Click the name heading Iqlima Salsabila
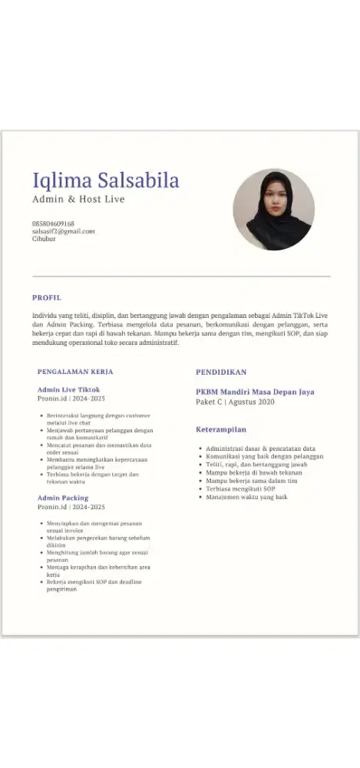pos(105,180)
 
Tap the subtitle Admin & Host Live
pos(78,200)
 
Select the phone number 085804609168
pos(53,223)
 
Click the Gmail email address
pos(63,231)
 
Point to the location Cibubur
pos(44,239)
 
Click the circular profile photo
pos(273,210)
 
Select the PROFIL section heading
pos(46,297)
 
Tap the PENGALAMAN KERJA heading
pos(74,371)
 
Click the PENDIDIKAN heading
pos(221,372)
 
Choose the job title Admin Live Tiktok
pos(68,390)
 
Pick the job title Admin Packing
pos(63,498)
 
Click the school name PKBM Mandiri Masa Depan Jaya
pos(255,392)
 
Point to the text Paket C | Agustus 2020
pos(235,402)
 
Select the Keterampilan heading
pos(220,429)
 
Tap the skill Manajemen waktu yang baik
pos(246,498)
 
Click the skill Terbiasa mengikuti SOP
pos(240,489)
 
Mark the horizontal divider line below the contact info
pos(181,276)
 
